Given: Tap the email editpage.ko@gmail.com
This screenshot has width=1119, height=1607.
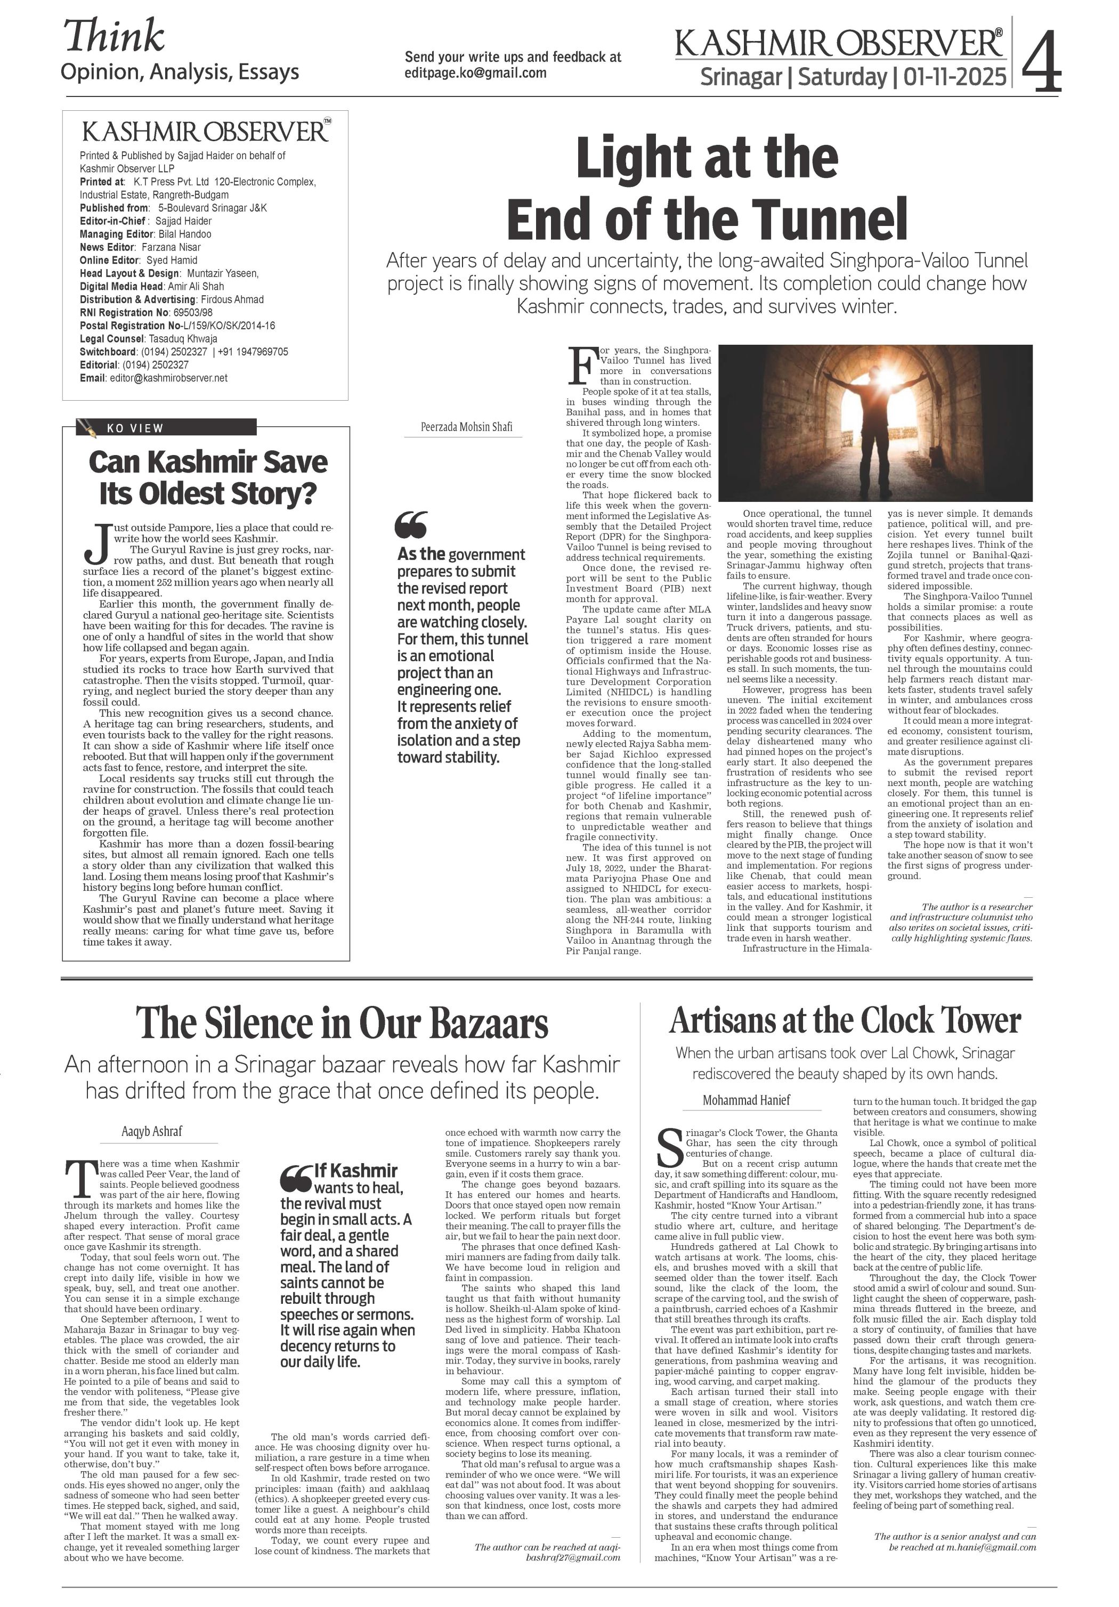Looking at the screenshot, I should [x=475, y=73].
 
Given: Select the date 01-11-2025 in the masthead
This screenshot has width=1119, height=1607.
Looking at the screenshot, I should [x=955, y=76].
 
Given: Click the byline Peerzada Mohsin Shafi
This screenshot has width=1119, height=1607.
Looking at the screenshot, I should [x=466, y=426].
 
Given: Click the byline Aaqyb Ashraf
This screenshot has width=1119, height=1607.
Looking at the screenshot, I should [x=152, y=1130].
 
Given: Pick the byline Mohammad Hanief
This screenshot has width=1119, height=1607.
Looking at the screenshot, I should [x=746, y=1100].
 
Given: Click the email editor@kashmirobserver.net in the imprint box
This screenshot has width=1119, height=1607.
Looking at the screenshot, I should [x=167, y=378].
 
